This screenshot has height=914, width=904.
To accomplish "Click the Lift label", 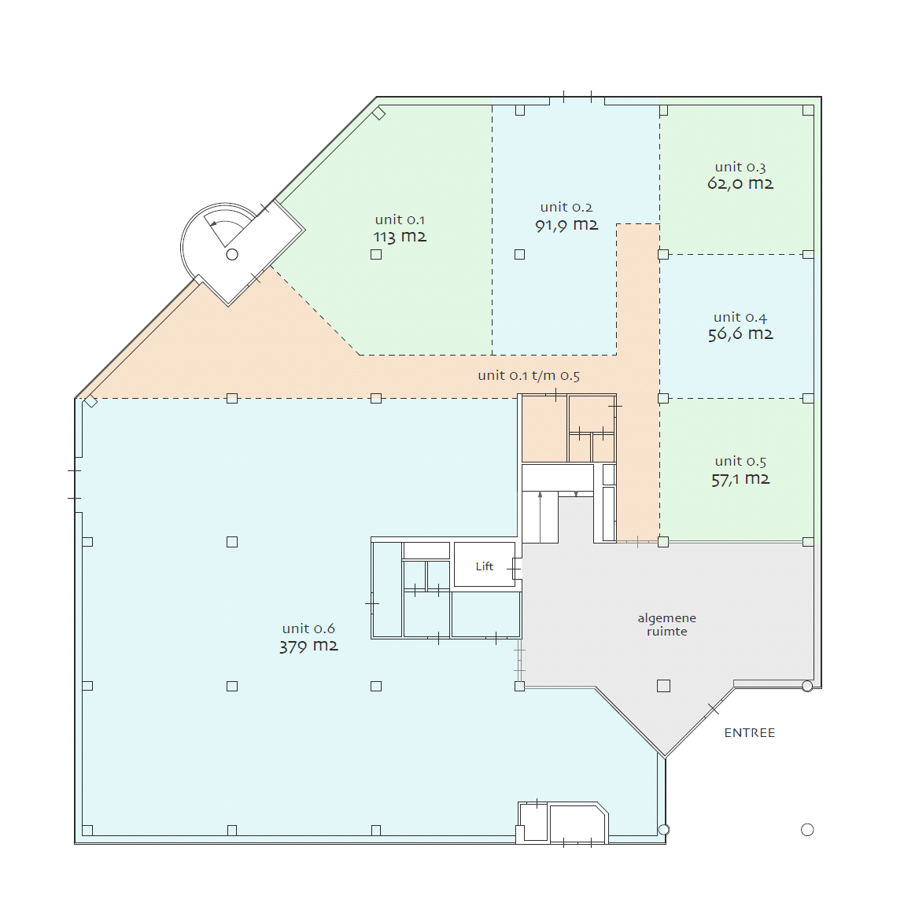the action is point(484,566).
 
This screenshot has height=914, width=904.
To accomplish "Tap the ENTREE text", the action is point(750,733).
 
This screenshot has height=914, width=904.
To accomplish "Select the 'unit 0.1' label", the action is point(400,219).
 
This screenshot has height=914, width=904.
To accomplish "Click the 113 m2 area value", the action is point(400,237).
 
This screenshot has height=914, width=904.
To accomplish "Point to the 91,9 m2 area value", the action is point(567,225).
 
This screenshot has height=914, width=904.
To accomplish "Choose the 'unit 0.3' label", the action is point(740,168).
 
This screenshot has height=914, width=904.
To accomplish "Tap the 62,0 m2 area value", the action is point(740,183).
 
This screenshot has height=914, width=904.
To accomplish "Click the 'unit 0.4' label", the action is point(740,318).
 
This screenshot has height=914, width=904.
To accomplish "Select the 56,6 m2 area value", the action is point(740,334).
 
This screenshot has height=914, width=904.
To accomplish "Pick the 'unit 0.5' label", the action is point(740,462).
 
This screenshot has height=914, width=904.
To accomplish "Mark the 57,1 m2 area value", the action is point(740,479).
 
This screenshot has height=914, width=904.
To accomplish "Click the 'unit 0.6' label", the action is point(308,629).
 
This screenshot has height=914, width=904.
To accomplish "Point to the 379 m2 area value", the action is point(308,646).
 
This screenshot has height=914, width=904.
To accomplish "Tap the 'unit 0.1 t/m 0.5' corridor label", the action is point(529,376).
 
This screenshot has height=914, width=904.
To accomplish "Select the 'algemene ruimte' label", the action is point(666,625).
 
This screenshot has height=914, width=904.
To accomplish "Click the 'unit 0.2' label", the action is point(566,208).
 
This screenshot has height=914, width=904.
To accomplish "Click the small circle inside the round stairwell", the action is point(232,255).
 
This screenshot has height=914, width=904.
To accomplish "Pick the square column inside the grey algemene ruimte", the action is point(664,686).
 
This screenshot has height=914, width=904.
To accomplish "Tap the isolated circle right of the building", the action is point(807,830).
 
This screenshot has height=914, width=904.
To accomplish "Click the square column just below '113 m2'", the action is point(376,255).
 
